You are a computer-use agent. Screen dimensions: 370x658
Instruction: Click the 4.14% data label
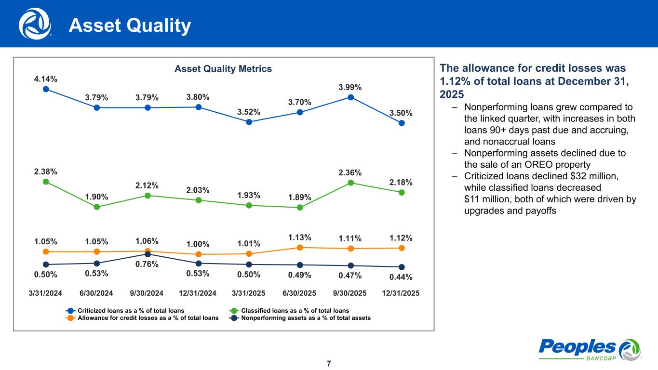[46, 79]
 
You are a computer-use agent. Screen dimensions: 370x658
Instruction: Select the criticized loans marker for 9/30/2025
[351, 97]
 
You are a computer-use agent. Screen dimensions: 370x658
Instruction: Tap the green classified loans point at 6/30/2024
[96, 207]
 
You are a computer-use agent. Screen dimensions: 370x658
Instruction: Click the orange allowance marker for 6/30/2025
[300, 248]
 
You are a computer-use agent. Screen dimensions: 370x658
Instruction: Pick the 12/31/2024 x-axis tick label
[198, 293]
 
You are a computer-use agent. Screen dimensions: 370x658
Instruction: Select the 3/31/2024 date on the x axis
[46, 293]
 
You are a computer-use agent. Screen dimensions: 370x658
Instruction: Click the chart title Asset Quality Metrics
[223, 69]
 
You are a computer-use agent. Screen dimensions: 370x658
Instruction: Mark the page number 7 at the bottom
[329, 363]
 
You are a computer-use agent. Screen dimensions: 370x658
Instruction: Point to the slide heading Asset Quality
[130, 26]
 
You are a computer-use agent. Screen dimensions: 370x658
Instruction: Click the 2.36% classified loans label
[350, 173]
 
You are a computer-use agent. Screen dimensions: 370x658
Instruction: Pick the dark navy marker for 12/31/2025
[402, 267]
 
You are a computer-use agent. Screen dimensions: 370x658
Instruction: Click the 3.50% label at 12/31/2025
[401, 113]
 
